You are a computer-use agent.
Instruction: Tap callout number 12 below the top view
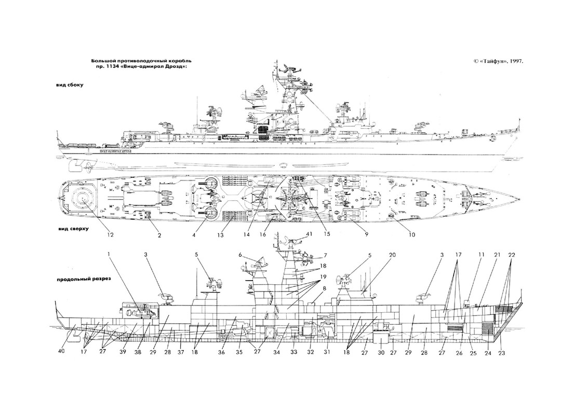pos(110,235)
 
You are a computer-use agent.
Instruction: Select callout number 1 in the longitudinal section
pos(110,255)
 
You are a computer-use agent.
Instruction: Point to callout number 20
pos(392,255)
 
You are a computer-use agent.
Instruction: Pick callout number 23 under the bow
pos(501,353)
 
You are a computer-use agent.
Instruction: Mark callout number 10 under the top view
pos(411,235)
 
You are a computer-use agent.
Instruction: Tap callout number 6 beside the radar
pos(240,255)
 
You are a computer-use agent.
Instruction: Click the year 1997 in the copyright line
pos(515,61)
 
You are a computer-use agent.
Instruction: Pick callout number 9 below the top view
pos(366,235)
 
